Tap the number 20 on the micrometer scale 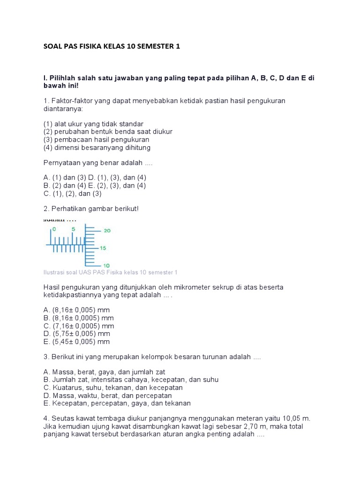(107, 231)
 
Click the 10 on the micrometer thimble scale (107, 265)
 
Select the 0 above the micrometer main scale (54, 229)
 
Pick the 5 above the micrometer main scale (73, 229)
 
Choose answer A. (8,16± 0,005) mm (76, 310)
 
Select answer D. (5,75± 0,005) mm (76, 334)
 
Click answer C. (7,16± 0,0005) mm (79, 326)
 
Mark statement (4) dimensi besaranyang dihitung (97, 148)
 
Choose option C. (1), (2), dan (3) (72, 193)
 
